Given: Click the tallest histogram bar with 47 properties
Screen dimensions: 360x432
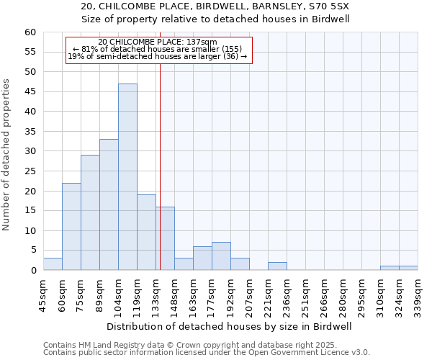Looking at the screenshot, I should [x=127, y=177].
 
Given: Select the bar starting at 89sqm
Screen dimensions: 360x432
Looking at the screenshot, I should [x=109, y=204].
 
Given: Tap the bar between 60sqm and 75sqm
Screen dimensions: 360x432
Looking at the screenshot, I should [x=71, y=227].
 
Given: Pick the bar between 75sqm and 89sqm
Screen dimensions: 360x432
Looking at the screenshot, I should [x=90, y=212].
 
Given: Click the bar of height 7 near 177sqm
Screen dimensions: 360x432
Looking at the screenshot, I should [x=221, y=256].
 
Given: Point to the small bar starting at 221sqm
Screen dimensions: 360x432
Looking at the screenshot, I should [x=277, y=266].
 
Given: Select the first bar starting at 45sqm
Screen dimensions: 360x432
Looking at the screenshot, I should [x=53, y=264].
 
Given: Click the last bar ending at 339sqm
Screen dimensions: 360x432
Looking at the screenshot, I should [x=408, y=269].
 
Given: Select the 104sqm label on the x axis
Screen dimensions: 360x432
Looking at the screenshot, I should [x=118, y=294].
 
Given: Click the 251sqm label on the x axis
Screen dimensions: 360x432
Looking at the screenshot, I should [x=305, y=294].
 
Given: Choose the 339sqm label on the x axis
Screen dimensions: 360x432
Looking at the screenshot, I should [x=418, y=294].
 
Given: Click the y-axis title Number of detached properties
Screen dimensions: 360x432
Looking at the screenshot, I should [x=7, y=155].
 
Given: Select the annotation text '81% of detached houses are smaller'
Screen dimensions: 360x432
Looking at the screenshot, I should [x=162, y=49].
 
